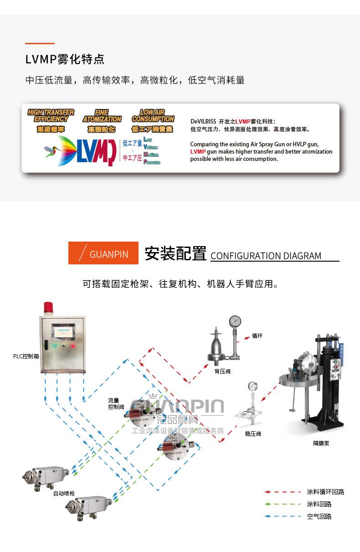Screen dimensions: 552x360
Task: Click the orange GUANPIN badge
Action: tap(103, 253)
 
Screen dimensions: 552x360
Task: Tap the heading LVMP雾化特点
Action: tap(65, 59)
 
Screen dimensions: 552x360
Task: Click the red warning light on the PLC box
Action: tap(48, 308)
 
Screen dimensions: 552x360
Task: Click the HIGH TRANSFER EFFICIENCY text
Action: tap(51, 115)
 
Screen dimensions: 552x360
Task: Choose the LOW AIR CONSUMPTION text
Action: tap(153, 115)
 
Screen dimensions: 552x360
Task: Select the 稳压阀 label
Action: tap(253, 434)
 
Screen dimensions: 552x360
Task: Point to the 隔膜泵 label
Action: tap(321, 443)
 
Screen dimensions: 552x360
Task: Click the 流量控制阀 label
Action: tap(116, 403)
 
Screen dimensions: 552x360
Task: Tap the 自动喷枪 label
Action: tap(64, 493)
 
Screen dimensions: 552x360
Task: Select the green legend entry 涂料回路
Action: tap(319, 504)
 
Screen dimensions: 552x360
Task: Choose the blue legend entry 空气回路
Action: tap(319, 516)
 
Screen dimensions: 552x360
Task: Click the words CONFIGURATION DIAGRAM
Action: tap(266, 256)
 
